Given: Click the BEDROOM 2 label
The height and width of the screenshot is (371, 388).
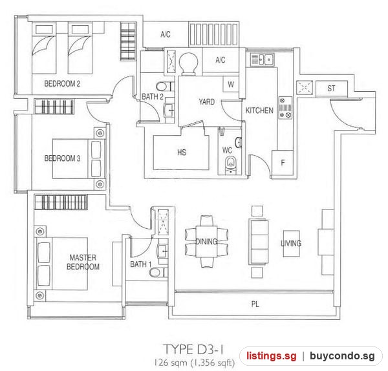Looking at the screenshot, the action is (62, 83).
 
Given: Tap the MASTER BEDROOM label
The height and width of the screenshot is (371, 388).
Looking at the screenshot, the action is (83, 262).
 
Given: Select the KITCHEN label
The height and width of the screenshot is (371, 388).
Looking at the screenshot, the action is (259, 111).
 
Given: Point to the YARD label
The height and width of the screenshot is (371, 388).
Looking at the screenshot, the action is (207, 101).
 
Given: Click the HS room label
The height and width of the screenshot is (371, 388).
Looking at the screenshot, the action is (181, 153).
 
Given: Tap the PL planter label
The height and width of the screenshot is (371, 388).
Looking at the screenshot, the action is (255, 304).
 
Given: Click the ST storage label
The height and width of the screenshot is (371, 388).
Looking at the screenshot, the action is (331, 89).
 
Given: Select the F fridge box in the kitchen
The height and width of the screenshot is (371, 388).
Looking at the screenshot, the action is (283, 164).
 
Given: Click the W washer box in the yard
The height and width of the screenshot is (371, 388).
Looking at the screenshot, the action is (231, 84).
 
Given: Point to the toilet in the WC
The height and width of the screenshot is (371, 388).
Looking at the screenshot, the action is (231, 164).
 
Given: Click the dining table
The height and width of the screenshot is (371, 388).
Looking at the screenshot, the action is (207, 241).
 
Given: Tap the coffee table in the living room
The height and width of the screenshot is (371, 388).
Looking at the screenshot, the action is (291, 244).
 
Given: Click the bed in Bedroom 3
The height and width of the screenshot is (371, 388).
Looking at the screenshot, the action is (77, 158).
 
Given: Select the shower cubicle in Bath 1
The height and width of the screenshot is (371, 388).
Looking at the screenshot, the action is (164, 222).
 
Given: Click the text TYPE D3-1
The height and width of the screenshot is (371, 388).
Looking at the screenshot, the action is (194, 350).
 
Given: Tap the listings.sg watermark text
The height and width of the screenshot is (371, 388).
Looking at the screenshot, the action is (271, 356).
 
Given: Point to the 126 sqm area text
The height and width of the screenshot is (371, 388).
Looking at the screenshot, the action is (170, 363).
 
